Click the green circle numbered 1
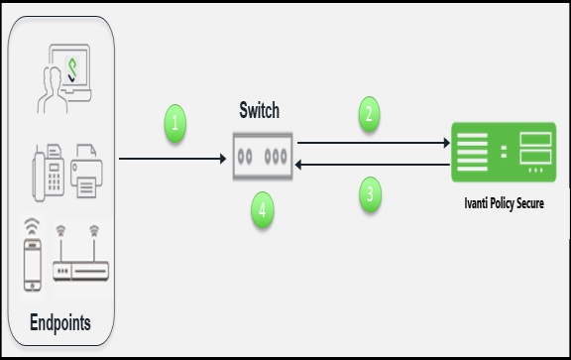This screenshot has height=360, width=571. pos(174,124)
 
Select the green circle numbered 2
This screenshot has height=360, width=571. pos(369,114)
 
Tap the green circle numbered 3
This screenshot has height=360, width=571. pos(369,194)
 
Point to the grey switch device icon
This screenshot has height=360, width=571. pos(262,157)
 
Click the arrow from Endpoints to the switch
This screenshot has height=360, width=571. pos(169,158)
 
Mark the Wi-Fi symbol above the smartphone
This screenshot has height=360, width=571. pos(34,225)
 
